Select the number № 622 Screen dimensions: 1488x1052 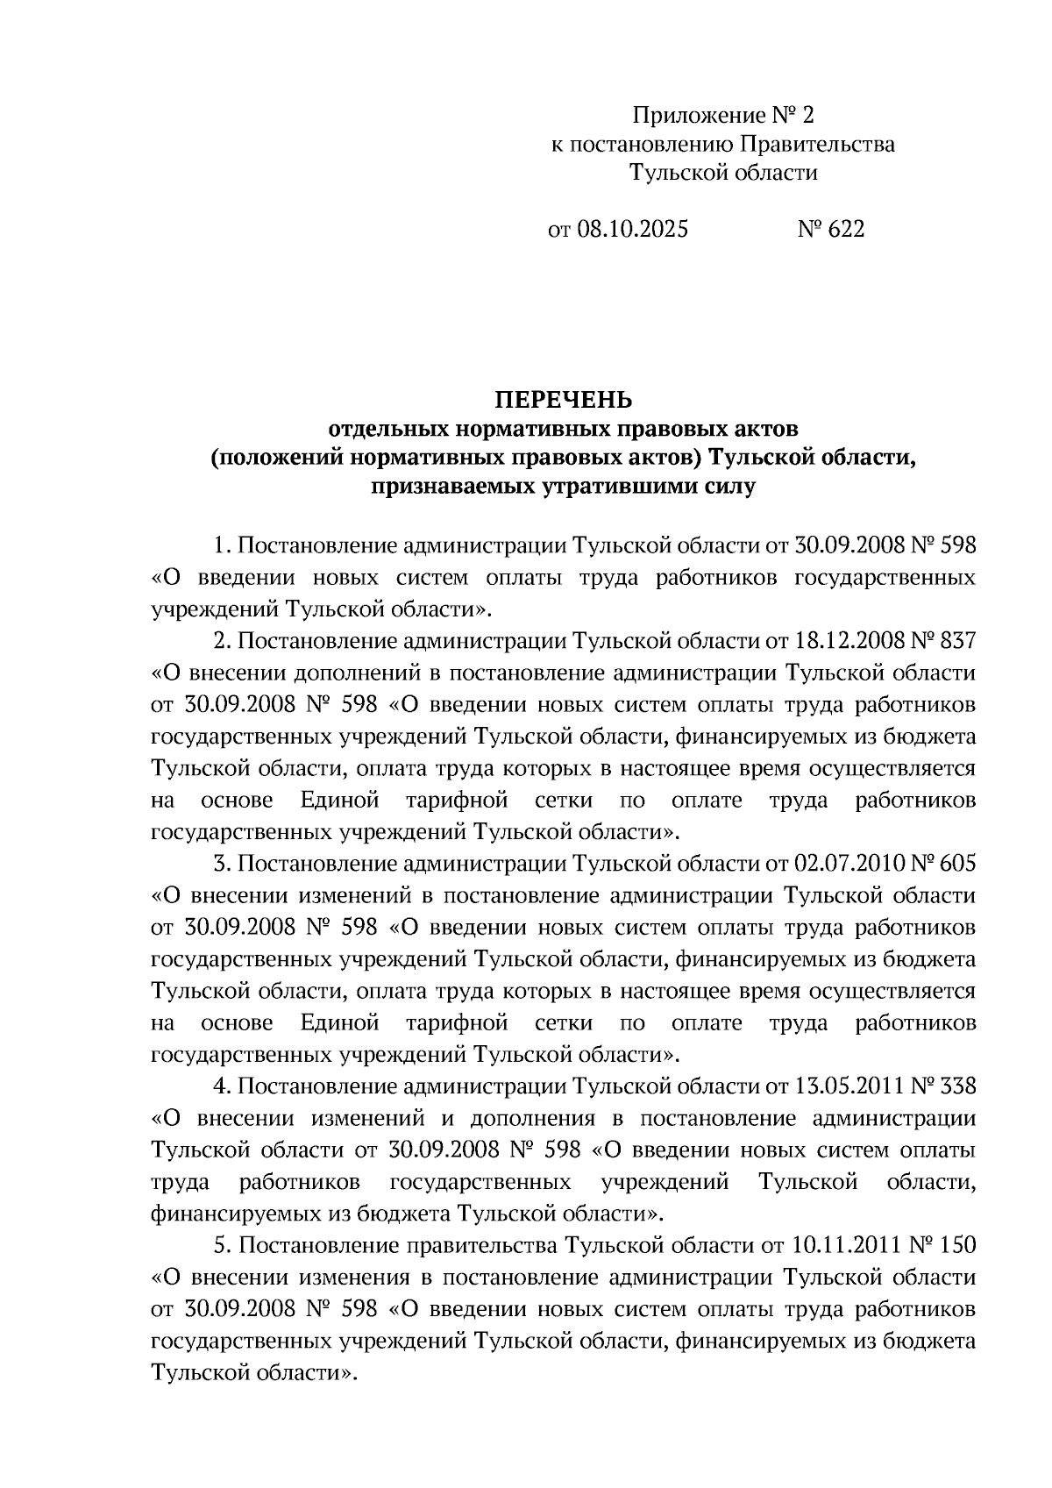830,230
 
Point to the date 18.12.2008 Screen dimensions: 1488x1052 849,641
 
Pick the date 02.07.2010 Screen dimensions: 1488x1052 849,864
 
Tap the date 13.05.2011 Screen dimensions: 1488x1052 849,1086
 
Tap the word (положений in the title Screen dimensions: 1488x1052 276,458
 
